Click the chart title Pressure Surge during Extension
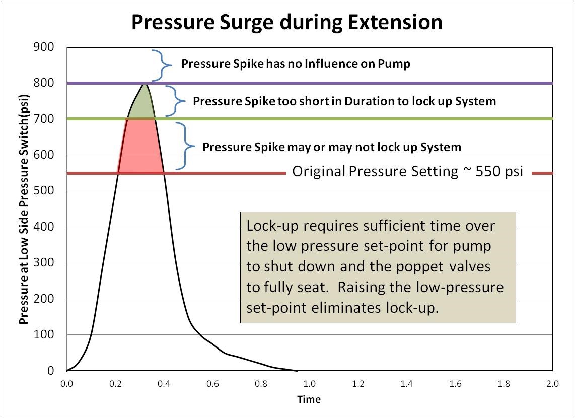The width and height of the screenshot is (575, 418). point(287,23)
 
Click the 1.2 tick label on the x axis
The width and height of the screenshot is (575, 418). point(358,384)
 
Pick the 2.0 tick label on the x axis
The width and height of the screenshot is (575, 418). point(552,384)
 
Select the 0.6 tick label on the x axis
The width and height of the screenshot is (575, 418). point(212,384)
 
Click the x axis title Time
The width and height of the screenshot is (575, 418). point(309,399)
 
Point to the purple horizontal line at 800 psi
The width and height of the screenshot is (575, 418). point(352,83)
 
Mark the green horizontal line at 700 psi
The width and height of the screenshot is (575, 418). point(352,119)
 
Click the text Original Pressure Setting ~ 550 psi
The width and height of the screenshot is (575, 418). point(408,172)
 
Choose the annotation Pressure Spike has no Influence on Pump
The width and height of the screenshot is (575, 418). point(296,64)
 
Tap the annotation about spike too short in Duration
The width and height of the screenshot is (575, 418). point(344,101)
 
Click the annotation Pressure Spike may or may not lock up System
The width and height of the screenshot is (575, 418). point(332,147)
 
